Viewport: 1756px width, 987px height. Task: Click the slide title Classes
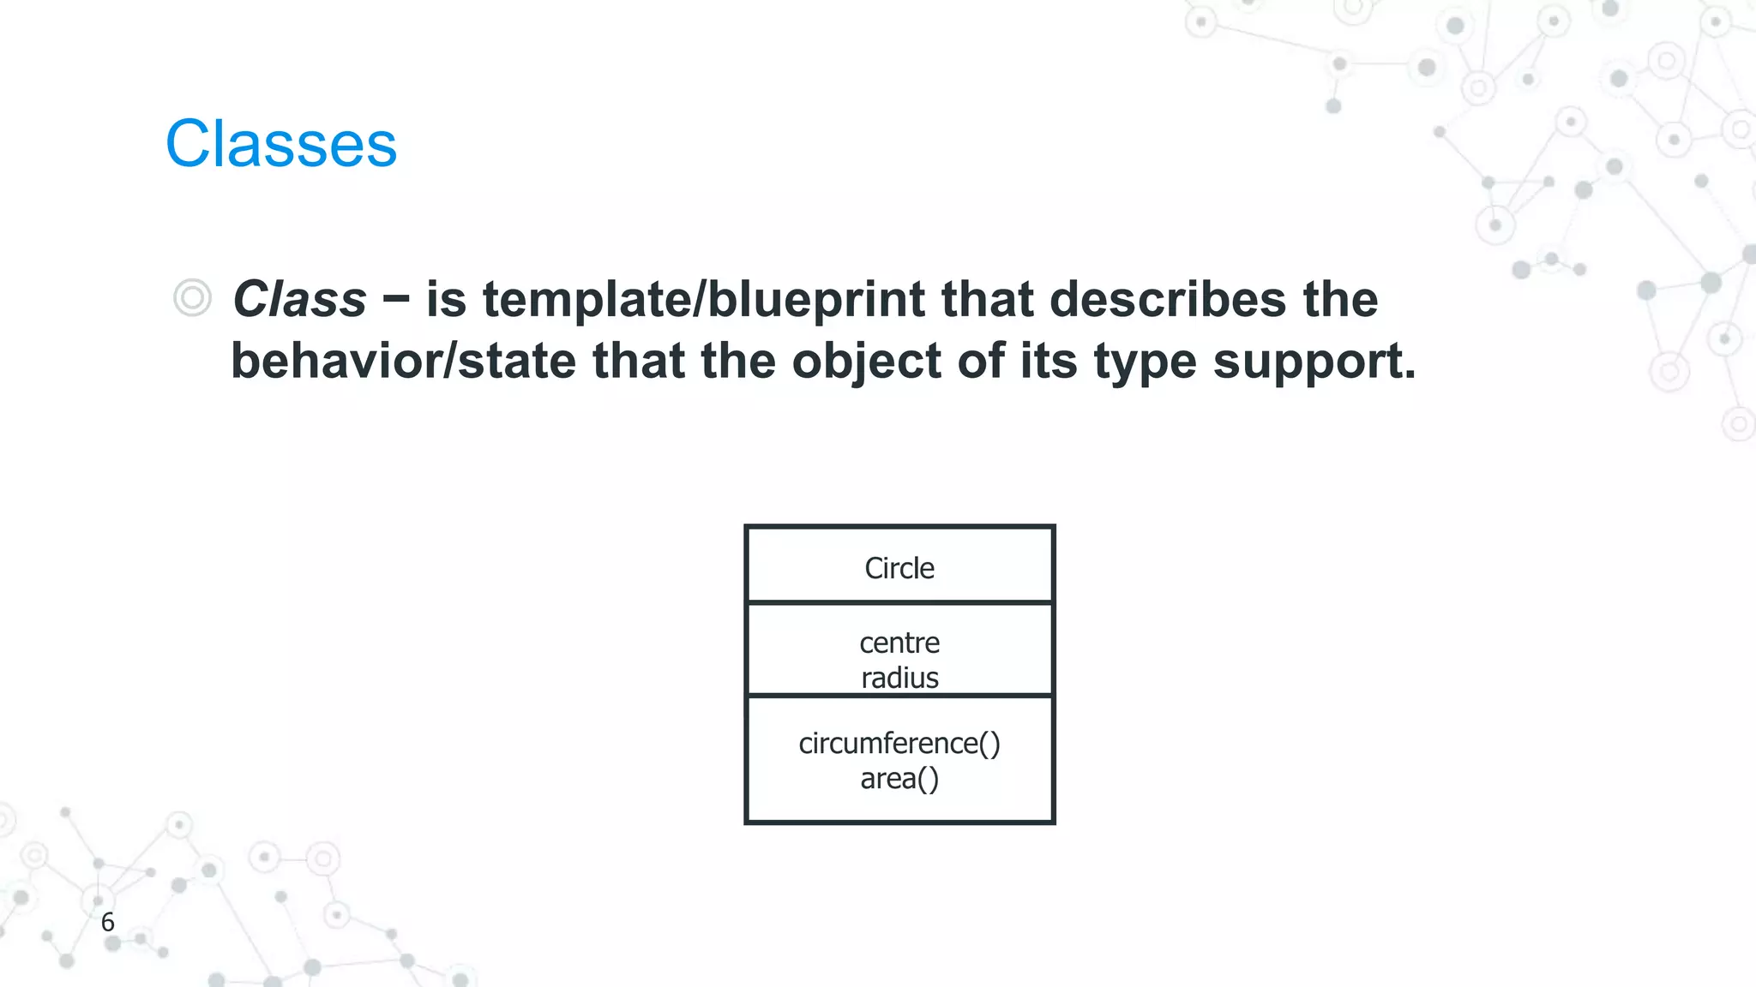pos(281,144)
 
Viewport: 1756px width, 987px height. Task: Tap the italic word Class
pos(299,300)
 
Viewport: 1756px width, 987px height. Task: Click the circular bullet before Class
pos(192,298)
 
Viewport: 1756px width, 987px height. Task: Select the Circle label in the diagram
pos(899,568)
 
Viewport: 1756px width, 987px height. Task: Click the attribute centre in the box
pos(899,643)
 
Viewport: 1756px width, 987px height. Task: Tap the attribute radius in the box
pos(899,678)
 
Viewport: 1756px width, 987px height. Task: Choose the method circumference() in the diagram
pos(899,743)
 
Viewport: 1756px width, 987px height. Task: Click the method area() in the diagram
pos(899,779)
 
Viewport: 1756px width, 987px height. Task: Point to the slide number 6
pos(107,923)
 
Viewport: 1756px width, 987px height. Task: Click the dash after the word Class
pos(396,300)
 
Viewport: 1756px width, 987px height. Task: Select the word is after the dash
pos(446,300)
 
